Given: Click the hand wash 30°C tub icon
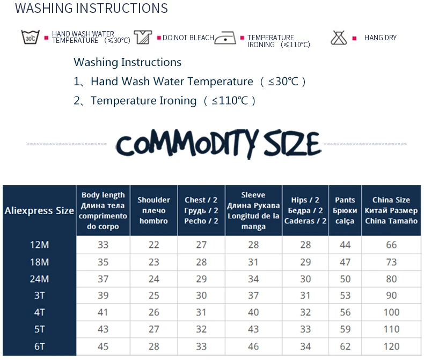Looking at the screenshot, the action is (30, 37).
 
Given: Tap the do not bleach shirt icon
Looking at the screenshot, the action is (143, 37).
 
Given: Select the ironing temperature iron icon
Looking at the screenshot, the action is (225, 38).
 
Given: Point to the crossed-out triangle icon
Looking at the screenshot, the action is (339, 38).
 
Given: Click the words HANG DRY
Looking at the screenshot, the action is (380, 38).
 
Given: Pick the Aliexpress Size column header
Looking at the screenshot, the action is (40, 210).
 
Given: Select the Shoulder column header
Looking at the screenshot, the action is (153, 210).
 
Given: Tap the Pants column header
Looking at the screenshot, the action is (345, 210).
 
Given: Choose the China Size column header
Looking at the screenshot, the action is (391, 210).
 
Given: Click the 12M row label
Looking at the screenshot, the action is (40, 245).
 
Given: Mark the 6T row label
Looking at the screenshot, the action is (40, 346).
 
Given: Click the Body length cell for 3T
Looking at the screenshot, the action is (103, 296).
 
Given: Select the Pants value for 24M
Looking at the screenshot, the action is (345, 279).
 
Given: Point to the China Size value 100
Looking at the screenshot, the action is (391, 312).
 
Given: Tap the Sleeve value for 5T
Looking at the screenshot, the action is (253, 329).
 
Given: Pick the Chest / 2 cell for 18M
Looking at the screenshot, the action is (201, 262).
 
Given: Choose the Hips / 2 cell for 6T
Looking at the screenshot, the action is (305, 346).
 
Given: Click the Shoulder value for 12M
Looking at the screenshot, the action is (153, 245).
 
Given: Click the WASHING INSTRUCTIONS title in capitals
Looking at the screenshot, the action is (91, 8).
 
